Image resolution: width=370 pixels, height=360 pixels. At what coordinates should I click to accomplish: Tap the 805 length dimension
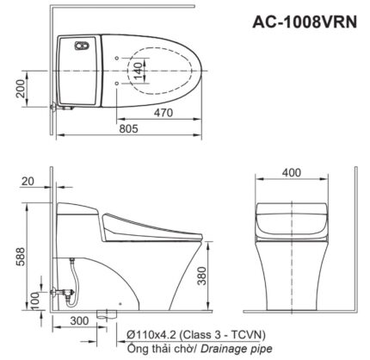pos(129,127)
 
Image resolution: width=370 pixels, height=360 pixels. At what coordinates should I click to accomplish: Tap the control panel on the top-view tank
pos(83,47)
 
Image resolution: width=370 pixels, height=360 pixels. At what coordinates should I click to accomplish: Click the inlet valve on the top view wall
pos(54,109)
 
